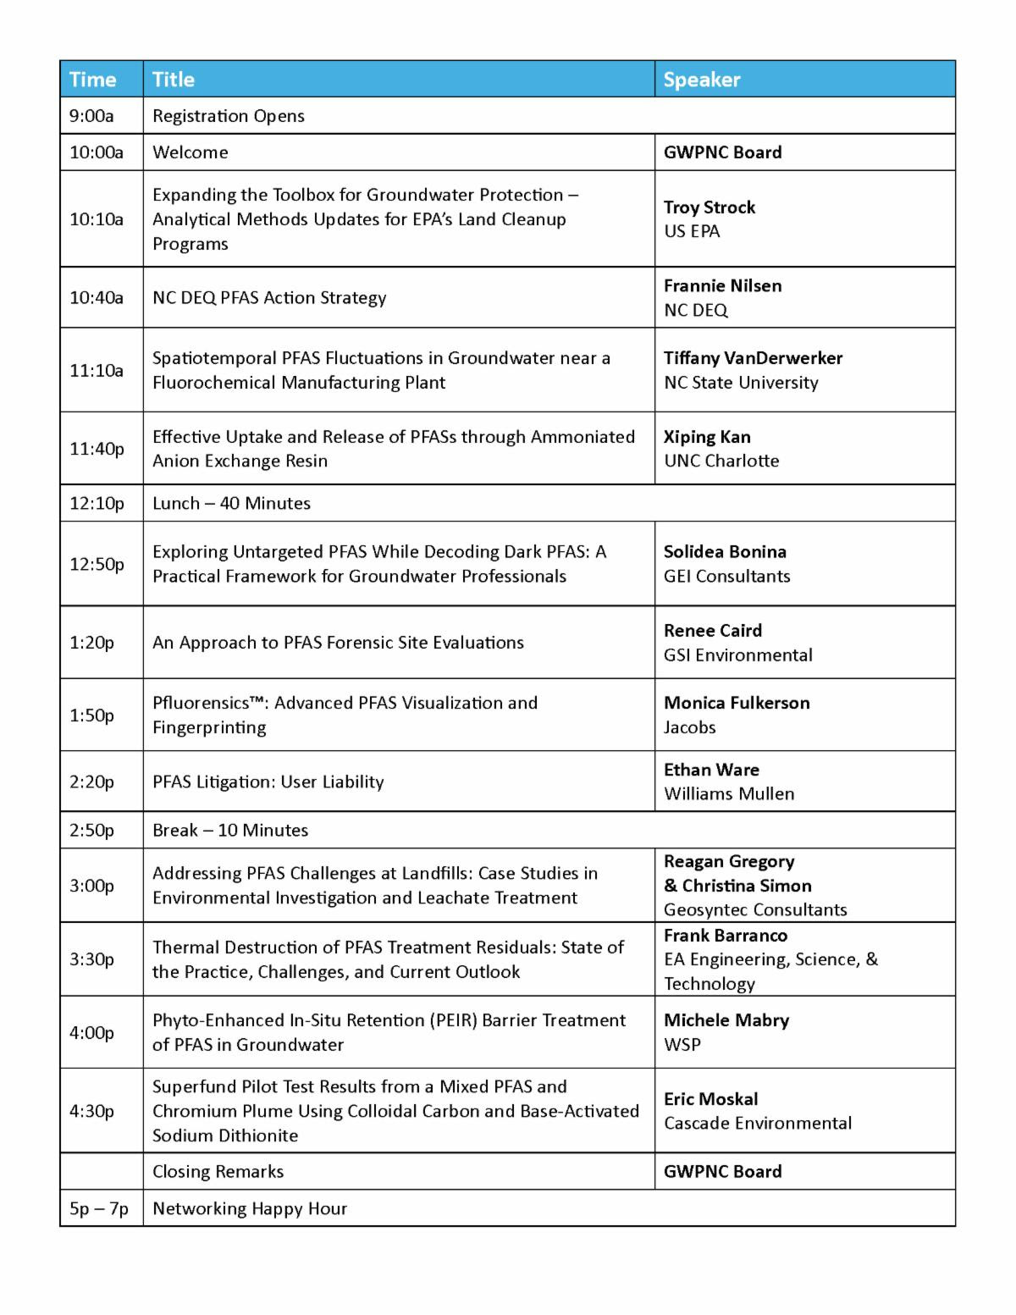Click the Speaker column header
click(702, 80)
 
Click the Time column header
click(92, 80)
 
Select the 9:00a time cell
click(91, 116)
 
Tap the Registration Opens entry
click(229, 116)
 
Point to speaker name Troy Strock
click(710, 207)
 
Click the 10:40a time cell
click(97, 297)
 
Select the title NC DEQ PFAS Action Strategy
click(269, 297)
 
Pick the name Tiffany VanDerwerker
click(753, 358)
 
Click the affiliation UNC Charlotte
click(721, 461)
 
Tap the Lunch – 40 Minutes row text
click(231, 503)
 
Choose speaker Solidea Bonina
click(725, 552)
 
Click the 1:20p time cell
click(91, 643)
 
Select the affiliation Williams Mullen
click(729, 793)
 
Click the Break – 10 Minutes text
click(230, 830)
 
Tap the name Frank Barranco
click(726, 936)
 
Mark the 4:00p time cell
click(91, 1032)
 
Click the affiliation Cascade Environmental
click(758, 1123)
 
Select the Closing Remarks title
click(218, 1171)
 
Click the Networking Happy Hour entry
click(250, 1208)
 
